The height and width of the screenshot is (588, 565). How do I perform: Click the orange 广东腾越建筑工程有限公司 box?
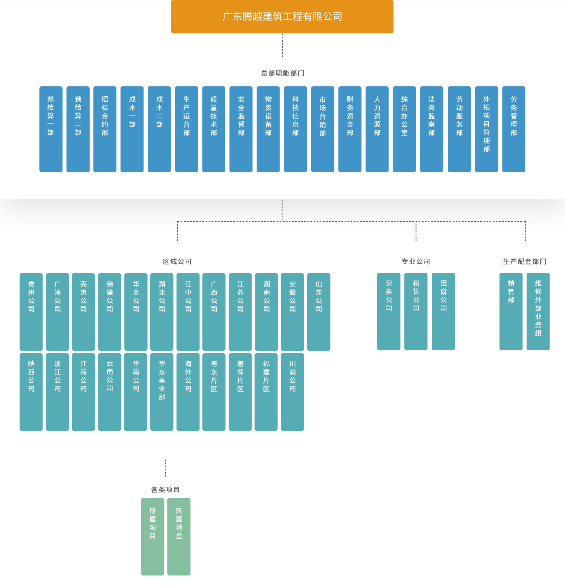pyautogui.click(x=282, y=17)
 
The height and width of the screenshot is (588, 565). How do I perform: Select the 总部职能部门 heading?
pyautogui.click(x=282, y=73)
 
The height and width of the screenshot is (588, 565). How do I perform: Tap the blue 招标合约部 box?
pyautogui.click(x=105, y=129)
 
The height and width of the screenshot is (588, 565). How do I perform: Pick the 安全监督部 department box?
pyautogui.click(x=241, y=129)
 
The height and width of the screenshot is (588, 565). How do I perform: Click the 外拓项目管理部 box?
pyautogui.click(x=486, y=129)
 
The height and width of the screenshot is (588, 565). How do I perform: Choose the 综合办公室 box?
pyautogui.click(x=404, y=129)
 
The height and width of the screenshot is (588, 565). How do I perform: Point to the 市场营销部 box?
pyautogui.click(x=323, y=129)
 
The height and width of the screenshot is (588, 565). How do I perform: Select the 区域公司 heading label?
pyautogui.click(x=177, y=261)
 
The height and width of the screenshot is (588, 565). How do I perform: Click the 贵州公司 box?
pyautogui.click(x=31, y=312)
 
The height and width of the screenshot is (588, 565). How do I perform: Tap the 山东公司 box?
pyautogui.click(x=318, y=312)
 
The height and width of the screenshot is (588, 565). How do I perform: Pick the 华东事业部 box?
pyautogui.click(x=162, y=392)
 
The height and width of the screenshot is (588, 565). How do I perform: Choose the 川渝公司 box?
pyautogui.click(x=292, y=392)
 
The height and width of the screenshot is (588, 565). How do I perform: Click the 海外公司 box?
pyautogui.click(x=188, y=392)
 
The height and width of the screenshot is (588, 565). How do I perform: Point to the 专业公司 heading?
pyautogui.click(x=416, y=261)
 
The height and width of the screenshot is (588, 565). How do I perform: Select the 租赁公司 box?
pyautogui.click(x=416, y=311)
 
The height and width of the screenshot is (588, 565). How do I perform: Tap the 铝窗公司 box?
pyautogui.click(x=443, y=311)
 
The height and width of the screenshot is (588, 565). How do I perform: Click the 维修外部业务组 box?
pyautogui.click(x=538, y=311)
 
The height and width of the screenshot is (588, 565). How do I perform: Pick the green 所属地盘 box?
pyautogui.click(x=179, y=536)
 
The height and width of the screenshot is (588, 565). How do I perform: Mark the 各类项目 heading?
pyautogui.click(x=165, y=490)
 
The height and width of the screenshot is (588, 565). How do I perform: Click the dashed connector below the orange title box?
pyautogui.click(x=282, y=45)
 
